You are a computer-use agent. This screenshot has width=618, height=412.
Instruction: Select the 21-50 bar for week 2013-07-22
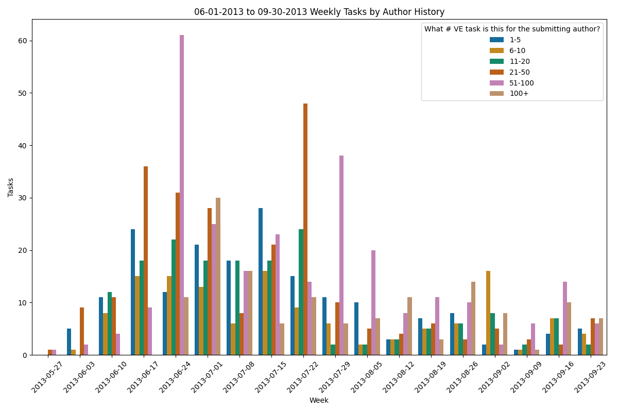[x=305, y=229]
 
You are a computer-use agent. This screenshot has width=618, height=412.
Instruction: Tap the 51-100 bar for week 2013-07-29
[x=341, y=255]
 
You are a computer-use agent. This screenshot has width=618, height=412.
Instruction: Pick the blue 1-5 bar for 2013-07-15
[x=261, y=281]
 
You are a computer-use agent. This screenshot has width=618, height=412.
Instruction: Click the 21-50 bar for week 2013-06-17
[x=146, y=261]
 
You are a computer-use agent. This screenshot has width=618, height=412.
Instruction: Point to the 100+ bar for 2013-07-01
[x=218, y=276]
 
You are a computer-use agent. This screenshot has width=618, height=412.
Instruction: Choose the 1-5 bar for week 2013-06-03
[x=69, y=341]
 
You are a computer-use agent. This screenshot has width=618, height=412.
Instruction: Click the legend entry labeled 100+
[x=519, y=93]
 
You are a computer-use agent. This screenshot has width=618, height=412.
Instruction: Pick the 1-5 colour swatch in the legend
[x=497, y=40]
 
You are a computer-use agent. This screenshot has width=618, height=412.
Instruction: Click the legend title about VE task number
[x=512, y=29]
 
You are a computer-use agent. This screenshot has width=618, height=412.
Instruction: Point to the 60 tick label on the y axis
[x=23, y=41]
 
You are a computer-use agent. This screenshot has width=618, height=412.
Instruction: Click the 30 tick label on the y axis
[x=23, y=198]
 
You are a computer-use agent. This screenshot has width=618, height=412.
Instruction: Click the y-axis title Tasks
[x=11, y=187]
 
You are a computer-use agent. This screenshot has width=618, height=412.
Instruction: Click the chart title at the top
[x=319, y=12]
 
